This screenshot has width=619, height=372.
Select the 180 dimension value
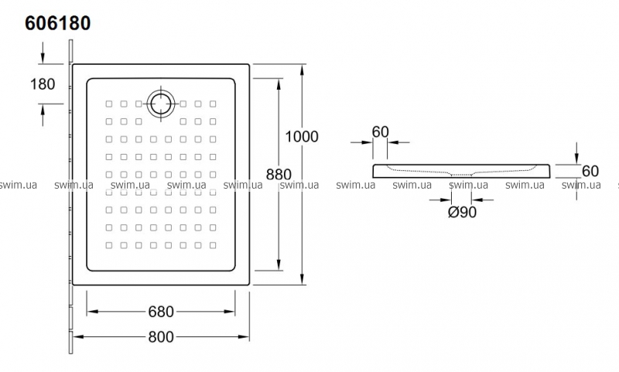(42, 84)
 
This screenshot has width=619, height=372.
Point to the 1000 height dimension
(302, 138)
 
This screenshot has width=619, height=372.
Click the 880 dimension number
(278, 175)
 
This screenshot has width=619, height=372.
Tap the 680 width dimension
(160, 312)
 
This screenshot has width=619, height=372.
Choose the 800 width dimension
(160, 337)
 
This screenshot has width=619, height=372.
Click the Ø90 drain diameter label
(462, 212)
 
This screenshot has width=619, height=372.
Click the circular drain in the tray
(162, 103)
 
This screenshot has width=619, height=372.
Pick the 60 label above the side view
(380, 131)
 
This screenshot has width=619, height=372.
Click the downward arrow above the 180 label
(43, 57)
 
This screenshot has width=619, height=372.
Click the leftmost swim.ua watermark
(19, 186)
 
